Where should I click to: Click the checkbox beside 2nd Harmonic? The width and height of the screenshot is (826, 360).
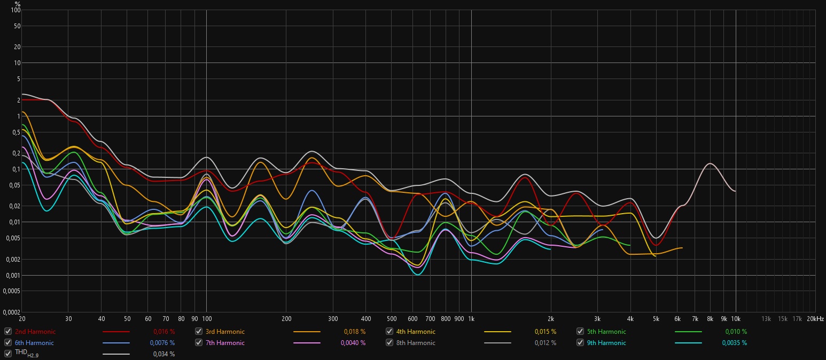(x=8, y=332)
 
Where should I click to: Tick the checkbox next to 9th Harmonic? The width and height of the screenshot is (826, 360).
(x=580, y=343)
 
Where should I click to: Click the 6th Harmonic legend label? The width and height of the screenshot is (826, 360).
(x=34, y=343)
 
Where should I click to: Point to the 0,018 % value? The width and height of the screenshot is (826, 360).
(x=355, y=332)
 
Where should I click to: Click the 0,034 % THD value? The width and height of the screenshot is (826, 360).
(x=164, y=354)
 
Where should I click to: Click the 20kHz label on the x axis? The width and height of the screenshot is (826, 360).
(x=816, y=319)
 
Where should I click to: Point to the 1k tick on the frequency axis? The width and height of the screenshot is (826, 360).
(x=471, y=319)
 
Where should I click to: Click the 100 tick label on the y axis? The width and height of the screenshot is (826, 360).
(x=15, y=11)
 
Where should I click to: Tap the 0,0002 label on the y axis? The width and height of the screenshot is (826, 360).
(x=11, y=312)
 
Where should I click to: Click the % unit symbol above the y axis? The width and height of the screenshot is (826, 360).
(x=17, y=4)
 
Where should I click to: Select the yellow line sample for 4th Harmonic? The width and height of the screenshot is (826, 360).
(x=497, y=332)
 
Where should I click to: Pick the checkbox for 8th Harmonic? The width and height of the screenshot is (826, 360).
(x=389, y=343)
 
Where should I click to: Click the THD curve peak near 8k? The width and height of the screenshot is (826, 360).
(x=710, y=163)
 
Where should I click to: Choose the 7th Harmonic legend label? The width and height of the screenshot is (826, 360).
(x=225, y=343)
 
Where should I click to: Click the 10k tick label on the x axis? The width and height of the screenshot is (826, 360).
(x=736, y=319)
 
